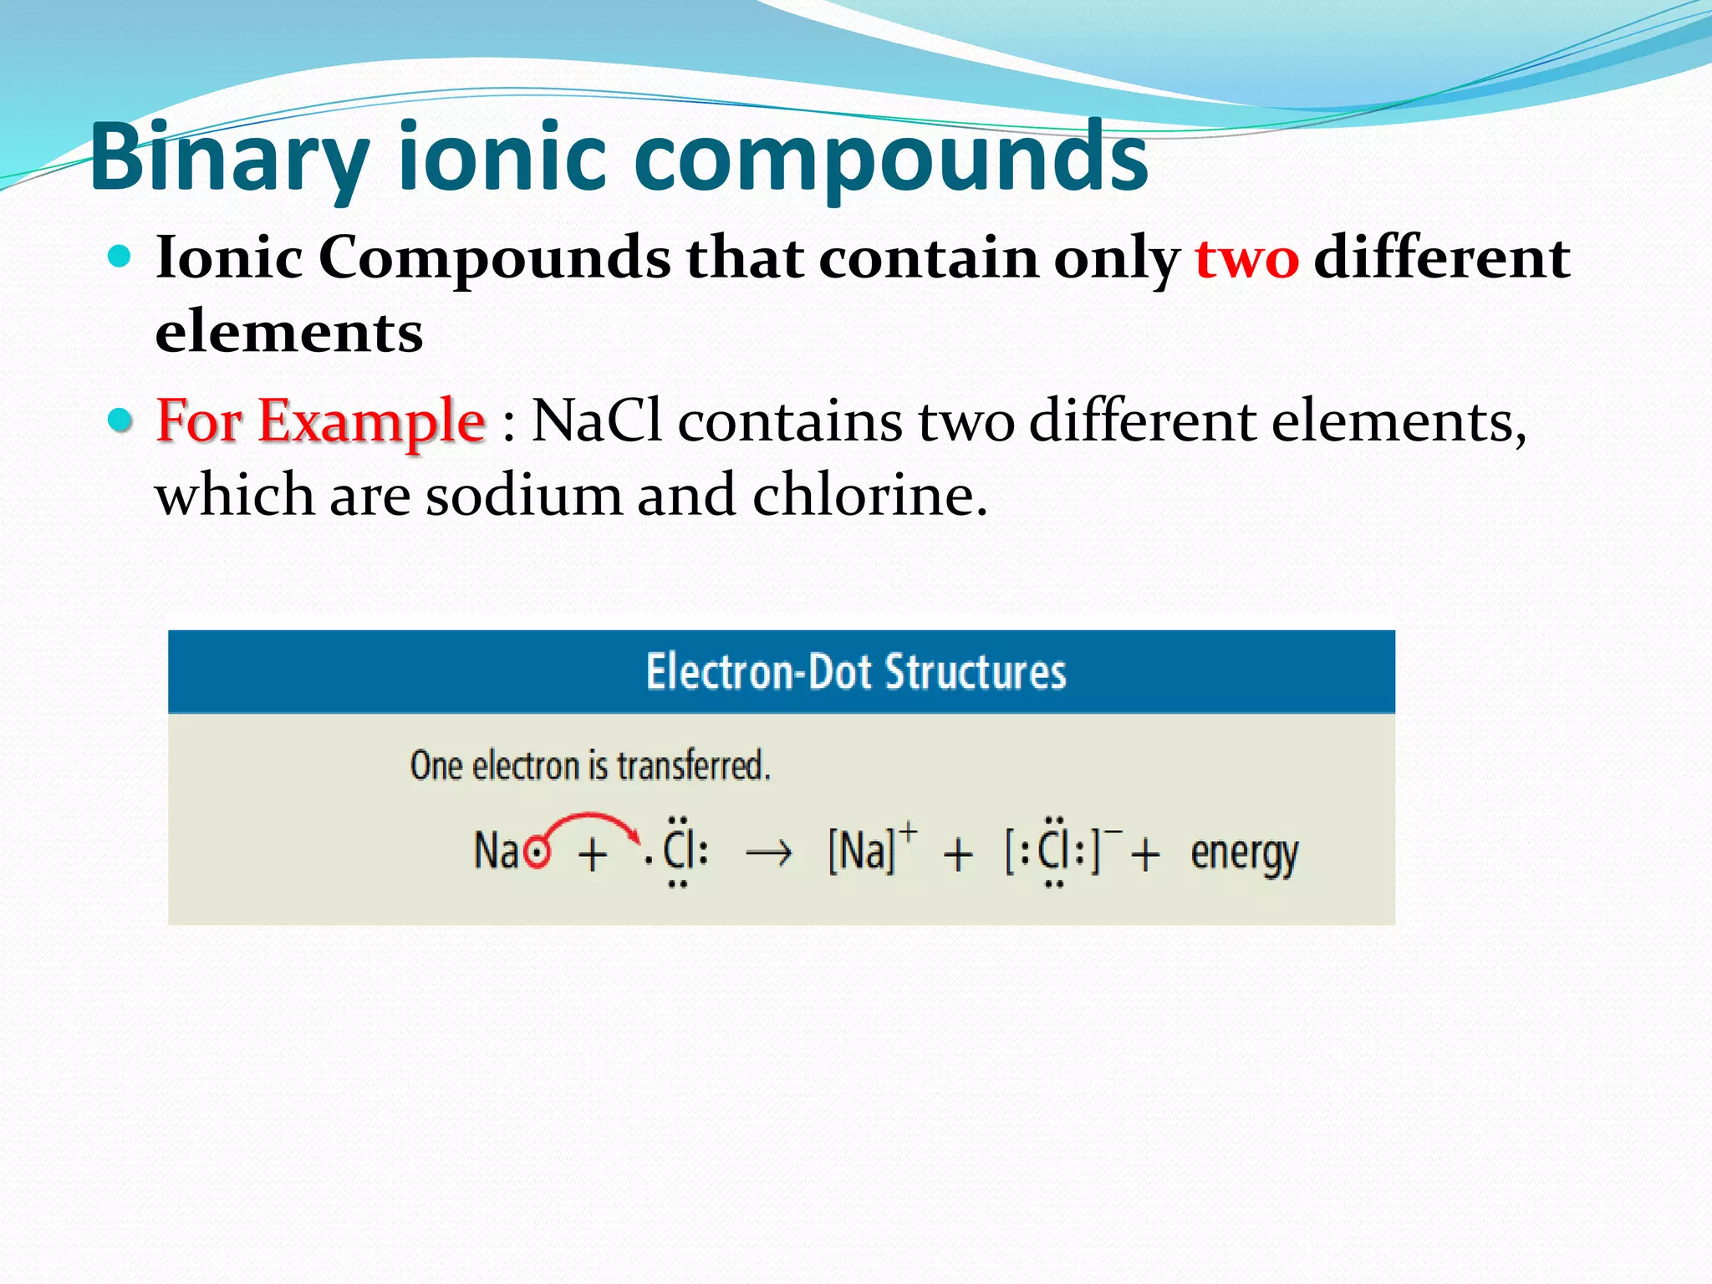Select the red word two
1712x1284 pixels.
click(x=1246, y=257)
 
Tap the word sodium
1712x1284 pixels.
click(x=524, y=495)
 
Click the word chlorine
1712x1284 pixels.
click(x=869, y=495)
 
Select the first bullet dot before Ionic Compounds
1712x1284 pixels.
click(x=120, y=255)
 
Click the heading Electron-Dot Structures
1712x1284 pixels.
click(x=856, y=671)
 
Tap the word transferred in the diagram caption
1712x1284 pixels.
click(x=693, y=766)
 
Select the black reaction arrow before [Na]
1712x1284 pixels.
click(x=768, y=853)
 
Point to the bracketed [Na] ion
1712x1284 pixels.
click(x=862, y=851)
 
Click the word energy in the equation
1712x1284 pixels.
click(x=1244, y=854)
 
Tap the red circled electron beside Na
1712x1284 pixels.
click(x=537, y=853)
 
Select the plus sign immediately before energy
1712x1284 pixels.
click(x=1145, y=854)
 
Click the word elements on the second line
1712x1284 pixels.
click(x=289, y=332)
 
